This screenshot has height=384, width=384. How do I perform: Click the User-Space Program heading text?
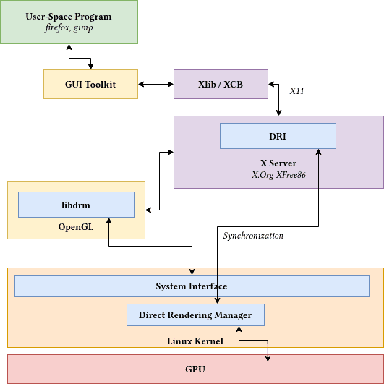coord(69,16)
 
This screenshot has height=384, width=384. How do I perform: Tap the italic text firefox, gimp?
coord(69,27)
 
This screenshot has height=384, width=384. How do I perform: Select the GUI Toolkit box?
coord(90,85)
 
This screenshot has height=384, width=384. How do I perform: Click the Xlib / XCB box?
coord(221,85)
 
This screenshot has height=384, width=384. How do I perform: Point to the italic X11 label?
coord(297,92)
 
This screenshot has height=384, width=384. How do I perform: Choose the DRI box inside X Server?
coord(278,135)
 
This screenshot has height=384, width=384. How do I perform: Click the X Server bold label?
coord(278,163)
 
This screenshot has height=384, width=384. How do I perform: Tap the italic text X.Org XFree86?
coord(278,175)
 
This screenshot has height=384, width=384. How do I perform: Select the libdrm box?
coord(76,205)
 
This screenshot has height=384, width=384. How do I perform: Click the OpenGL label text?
coord(76,227)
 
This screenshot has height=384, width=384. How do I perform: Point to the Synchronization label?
coord(253,236)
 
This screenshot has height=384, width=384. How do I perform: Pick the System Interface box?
coord(192,286)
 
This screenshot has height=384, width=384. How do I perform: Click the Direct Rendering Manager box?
coord(195,315)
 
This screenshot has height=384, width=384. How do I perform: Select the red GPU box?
coord(195,369)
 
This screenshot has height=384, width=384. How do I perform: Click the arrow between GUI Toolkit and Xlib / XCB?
coord(155,85)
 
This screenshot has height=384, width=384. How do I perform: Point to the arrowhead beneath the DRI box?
coord(318,152)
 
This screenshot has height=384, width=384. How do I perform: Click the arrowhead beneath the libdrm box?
coord(108,221)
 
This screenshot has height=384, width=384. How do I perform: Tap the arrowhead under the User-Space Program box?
coord(69,46)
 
